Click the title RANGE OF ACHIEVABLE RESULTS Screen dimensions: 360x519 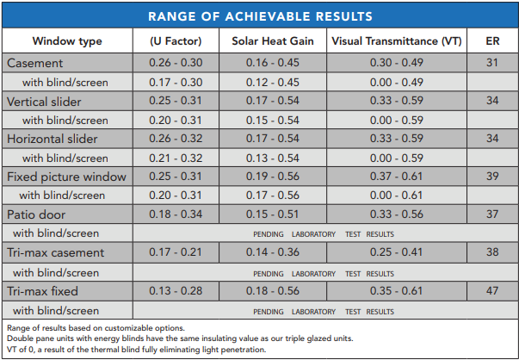click(x=259, y=16)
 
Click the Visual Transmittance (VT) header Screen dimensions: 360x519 click(x=397, y=41)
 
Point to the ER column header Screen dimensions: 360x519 click(x=491, y=41)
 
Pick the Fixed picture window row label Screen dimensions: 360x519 click(x=66, y=177)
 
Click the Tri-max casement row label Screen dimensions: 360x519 click(x=55, y=252)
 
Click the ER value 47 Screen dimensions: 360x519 click(x=491, y=290)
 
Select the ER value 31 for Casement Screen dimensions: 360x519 click(x=491, y=64)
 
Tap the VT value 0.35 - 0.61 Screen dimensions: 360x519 click(x=397, y=290)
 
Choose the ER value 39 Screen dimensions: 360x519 click(x=491, y=177)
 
